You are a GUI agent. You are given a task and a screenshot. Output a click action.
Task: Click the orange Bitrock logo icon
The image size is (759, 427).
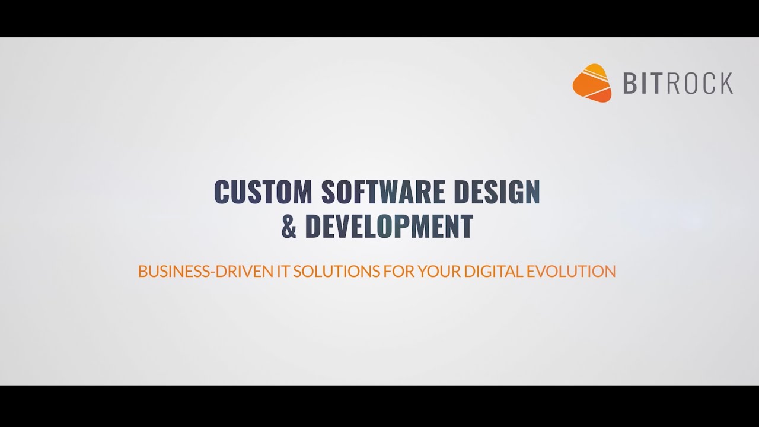tap(592, 83)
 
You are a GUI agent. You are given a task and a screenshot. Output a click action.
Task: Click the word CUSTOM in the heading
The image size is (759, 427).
tap(263, 192)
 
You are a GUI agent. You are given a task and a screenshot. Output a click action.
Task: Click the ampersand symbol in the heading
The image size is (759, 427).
tap(289, 226)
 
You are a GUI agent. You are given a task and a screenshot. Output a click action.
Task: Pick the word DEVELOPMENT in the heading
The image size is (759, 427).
tap(389, 226)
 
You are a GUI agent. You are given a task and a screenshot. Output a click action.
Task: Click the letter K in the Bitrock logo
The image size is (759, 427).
tap(726, 84)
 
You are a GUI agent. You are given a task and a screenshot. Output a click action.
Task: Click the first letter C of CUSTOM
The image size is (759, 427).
tap(221, 192)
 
